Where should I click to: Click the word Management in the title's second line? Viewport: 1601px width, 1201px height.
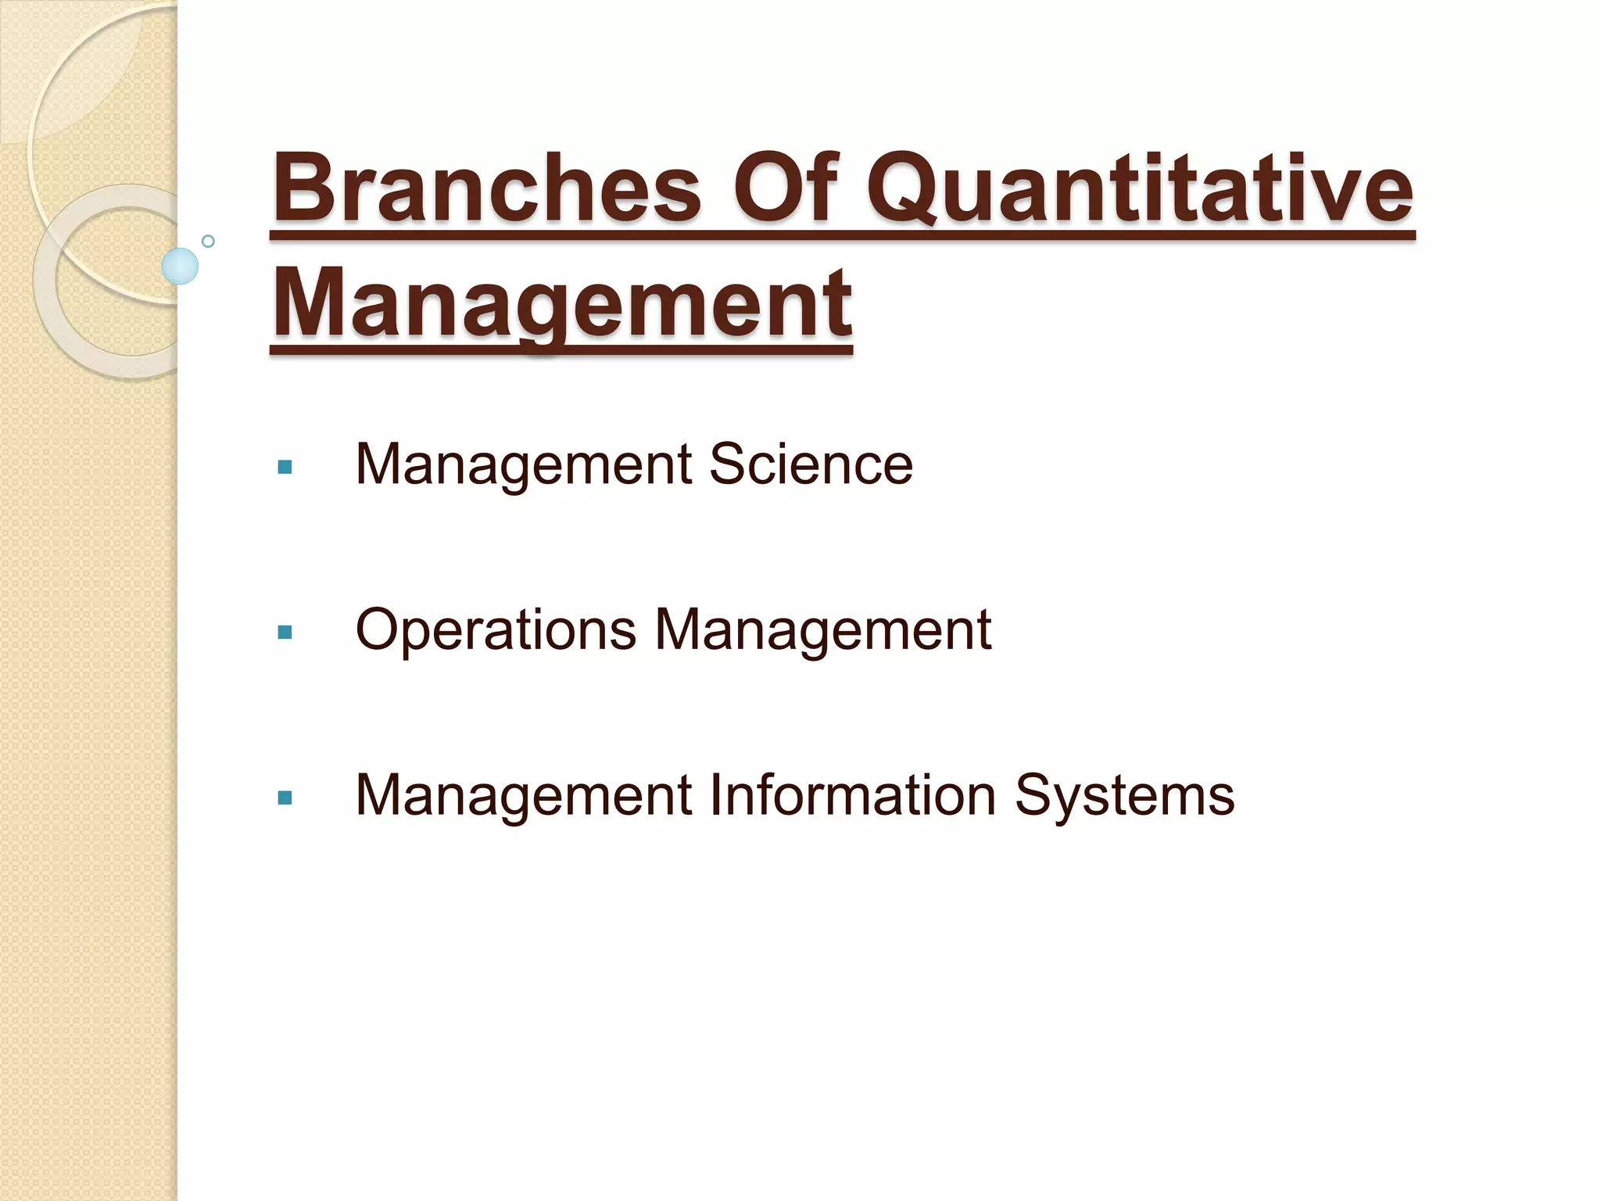coord(561,303)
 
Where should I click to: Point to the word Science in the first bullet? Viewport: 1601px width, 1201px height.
coord(811,464)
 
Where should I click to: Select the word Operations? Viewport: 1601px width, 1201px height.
coord(496,630)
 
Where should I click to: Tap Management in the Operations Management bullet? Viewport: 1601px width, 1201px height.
coord(823,630)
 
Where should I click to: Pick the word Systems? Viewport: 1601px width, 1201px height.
coord(1124,796)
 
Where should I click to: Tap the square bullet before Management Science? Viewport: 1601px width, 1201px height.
coord(285,468)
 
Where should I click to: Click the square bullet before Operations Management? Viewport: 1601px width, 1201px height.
coord(285,632)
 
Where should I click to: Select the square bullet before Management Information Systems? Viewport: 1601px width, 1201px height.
coord(285,798)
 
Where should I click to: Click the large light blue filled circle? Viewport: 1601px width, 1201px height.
coord(180,266)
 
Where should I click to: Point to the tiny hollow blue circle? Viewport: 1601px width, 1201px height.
coord(208,241)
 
